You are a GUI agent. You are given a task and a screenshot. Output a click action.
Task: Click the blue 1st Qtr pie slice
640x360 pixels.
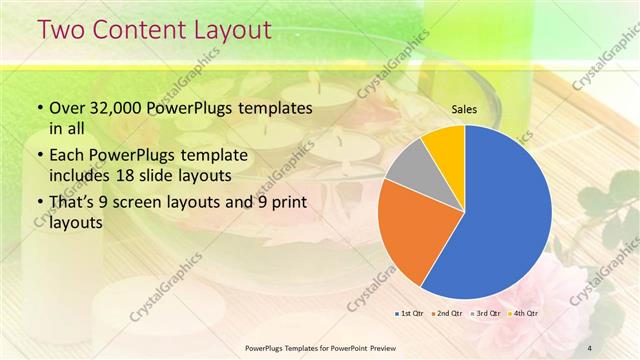505,215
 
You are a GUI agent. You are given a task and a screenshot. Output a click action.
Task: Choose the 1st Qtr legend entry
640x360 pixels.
410,314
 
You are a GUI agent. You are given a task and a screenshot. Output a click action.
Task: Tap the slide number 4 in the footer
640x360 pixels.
590,347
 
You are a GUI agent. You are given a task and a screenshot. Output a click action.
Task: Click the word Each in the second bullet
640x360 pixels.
68,156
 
